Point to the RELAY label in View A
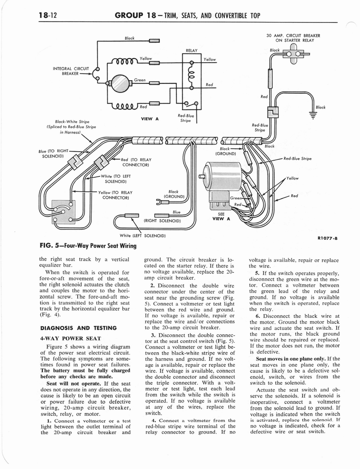[191, 50]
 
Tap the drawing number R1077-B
[327, 238]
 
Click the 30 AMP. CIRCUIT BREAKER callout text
[293, 38]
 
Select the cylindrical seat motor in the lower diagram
[222, 176]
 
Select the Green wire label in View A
[140, 80]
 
